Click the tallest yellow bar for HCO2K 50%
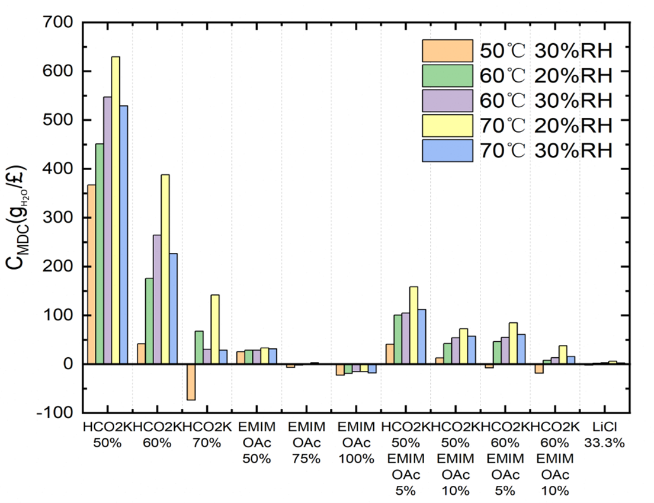click(x=116, y=210)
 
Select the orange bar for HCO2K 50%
click(x=91, y=274)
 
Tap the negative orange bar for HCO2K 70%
click(x=191, y=382)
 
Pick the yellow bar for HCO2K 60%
click(x=165, y=269)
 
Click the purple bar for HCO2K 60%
click(x=157, y=299)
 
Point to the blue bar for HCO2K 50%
click(x=123, y=235)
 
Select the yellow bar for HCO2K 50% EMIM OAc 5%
click(x=413, y=325)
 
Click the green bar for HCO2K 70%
click(x=199, y=347)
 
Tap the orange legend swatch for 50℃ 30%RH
click(x=447, y=51)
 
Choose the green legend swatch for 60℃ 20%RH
click(x=447, y=75)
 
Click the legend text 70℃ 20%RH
click(x=546, y=126)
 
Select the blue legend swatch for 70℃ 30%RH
click(x=447, y=150)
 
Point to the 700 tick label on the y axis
click(x=57, y=22)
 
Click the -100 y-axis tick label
click(x=54, y=412)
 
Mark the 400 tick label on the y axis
click(x=57, y=169)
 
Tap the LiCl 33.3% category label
click(x=604, y=435)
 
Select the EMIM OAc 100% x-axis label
click(x=356, y=443)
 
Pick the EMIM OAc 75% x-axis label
click(x=307, y=443)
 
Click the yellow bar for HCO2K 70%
click(x=215, y=329)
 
